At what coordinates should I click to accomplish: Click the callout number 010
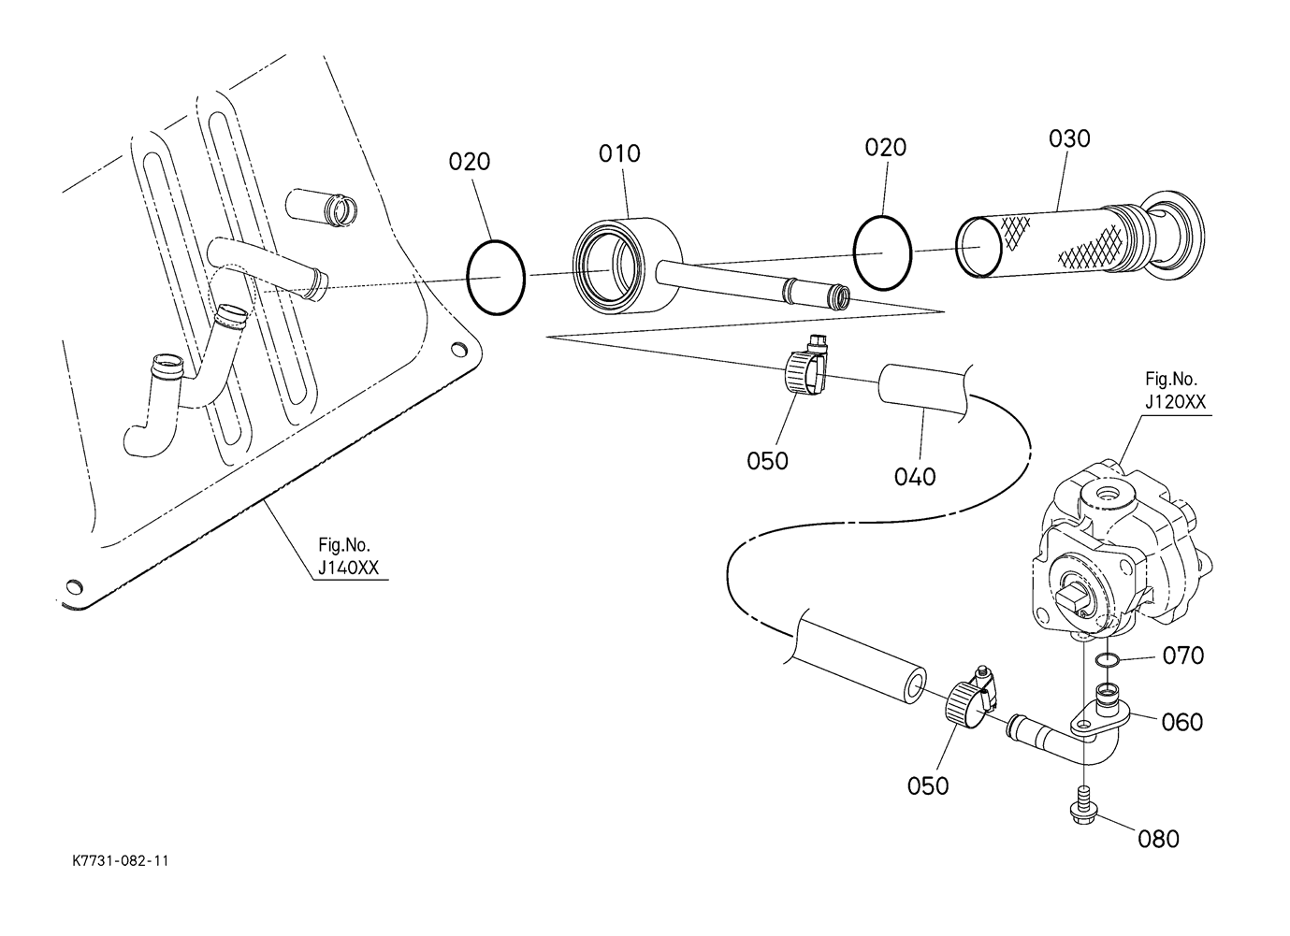pyautogui.click(x=619, y=153)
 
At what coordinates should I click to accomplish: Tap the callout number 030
pyautogui.click(x=1069, y=138)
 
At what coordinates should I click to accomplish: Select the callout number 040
pyautogui.click(x=914, y=477)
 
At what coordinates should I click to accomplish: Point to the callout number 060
pyautogui.click(x=1181, y=722)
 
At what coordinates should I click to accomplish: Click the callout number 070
pyautogui.click(x=1182, y=655)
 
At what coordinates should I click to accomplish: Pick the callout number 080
pyautogui.click(x=1158, y=839)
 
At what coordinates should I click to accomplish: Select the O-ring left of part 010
pyautogui.click(x=496, y=278)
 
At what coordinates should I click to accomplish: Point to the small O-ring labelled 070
pyautogui.click(x=1107, y=661)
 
